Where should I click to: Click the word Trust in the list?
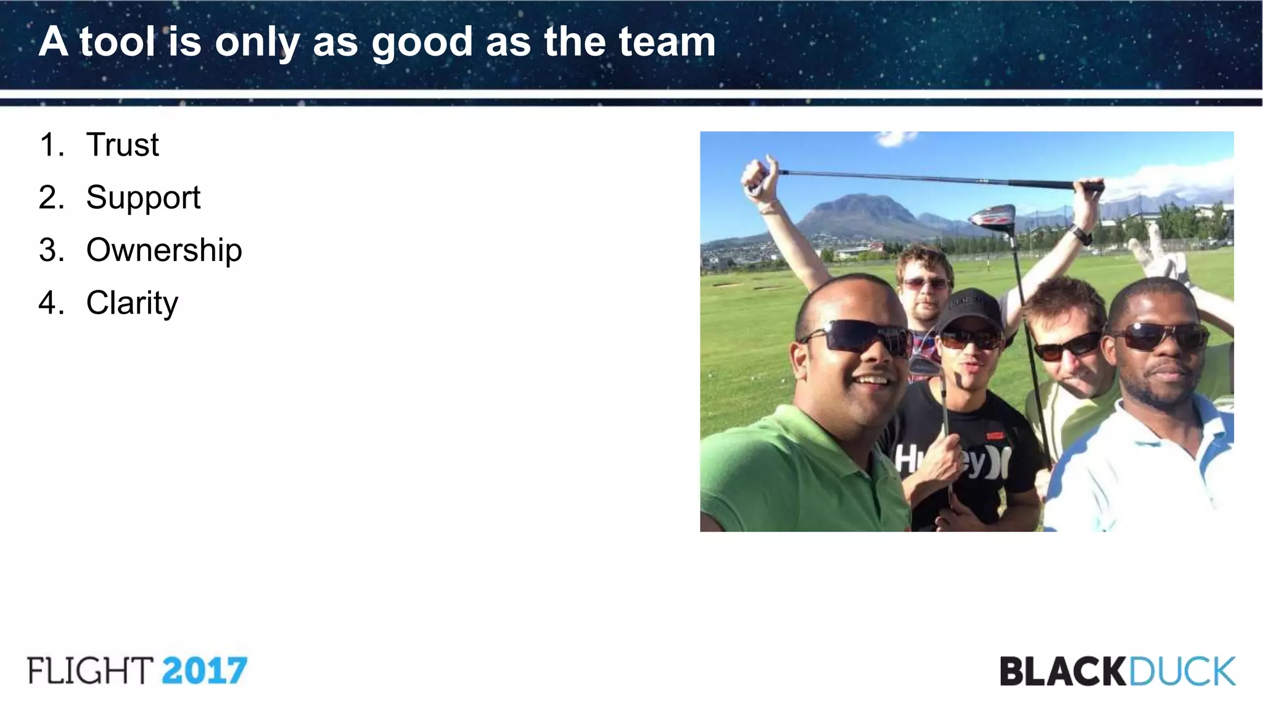[122, 146]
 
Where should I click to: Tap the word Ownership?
[164, 251]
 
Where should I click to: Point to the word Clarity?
[132, 304]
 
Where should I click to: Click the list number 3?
[51, 251]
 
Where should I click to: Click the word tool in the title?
[117, 42]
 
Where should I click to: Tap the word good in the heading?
[421, 43]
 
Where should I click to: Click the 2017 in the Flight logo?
[205, 671]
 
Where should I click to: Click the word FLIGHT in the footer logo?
[90, 671]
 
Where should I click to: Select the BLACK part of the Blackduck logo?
[1063, 671]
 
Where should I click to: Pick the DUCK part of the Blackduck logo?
[1182, 671]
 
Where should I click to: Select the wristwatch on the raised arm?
[1081, 235]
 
